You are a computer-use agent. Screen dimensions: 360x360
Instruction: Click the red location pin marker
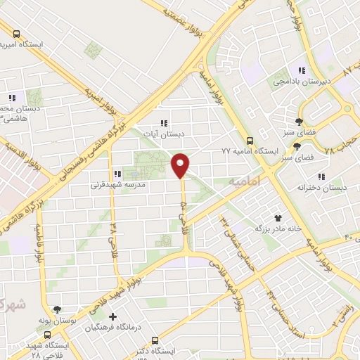coord(181,165)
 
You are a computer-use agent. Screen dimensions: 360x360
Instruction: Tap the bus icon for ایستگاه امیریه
coord(16,32)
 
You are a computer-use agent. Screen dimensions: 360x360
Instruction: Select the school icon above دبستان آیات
coord(164,122)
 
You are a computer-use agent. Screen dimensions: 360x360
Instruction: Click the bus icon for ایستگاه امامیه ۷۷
coord(250,140)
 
